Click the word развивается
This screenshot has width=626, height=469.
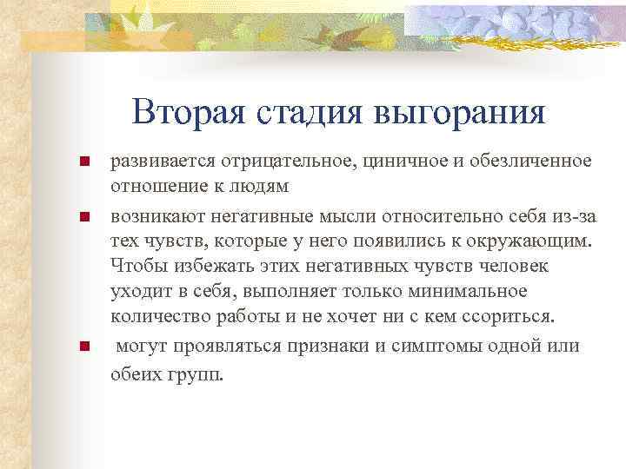160,162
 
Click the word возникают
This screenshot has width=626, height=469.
151,215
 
